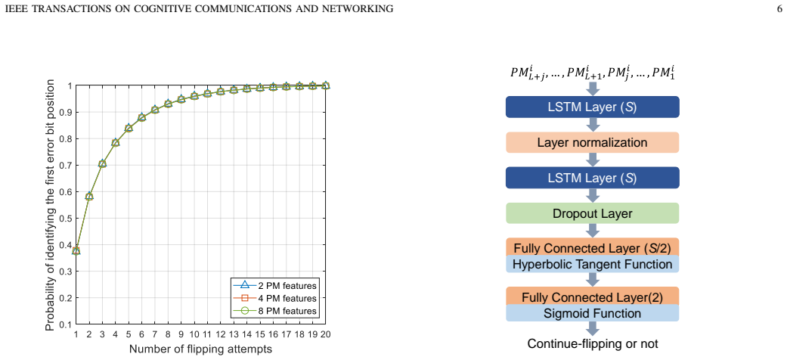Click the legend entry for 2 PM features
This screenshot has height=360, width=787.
[274, 286]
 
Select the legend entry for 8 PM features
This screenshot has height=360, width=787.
[274, 311]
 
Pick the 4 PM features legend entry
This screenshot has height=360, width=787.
[274, 298]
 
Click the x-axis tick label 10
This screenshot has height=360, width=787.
[194, 334]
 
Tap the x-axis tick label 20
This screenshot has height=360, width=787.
[325, 334]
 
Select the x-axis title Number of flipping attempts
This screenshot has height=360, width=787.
[201, 349]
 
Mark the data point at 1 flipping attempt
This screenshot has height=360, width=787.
[76, 250]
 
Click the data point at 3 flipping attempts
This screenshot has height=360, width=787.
[102, 163]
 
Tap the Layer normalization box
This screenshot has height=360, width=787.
[592, 142]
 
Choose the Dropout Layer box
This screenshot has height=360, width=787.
[592, 213]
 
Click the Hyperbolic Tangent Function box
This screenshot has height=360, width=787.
[592, 264]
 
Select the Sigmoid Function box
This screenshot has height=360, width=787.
[592, 313]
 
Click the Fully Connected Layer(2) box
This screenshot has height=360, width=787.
[592, 296]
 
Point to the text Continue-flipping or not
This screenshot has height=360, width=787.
[592, 344]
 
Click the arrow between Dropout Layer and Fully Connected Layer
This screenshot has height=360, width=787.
[592, 231]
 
